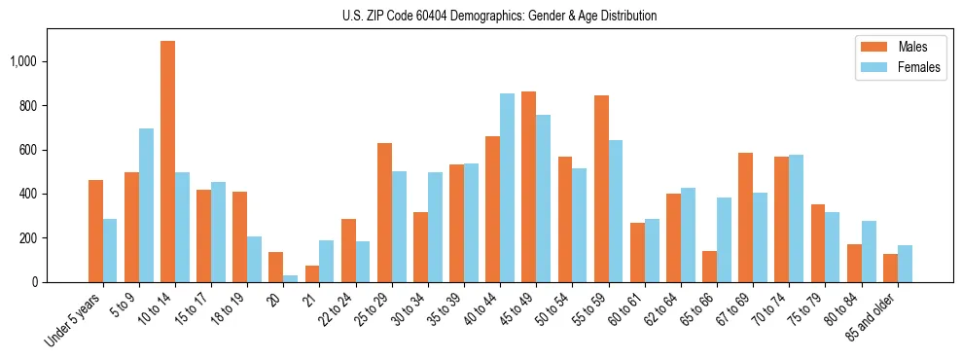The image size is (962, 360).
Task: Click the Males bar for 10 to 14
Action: [167, 162]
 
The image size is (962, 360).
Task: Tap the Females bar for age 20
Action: [290, 278]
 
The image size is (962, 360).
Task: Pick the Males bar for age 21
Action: [312, 273]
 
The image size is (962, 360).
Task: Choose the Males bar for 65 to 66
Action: [709, 267]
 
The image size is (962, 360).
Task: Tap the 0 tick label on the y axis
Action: [35, 282]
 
